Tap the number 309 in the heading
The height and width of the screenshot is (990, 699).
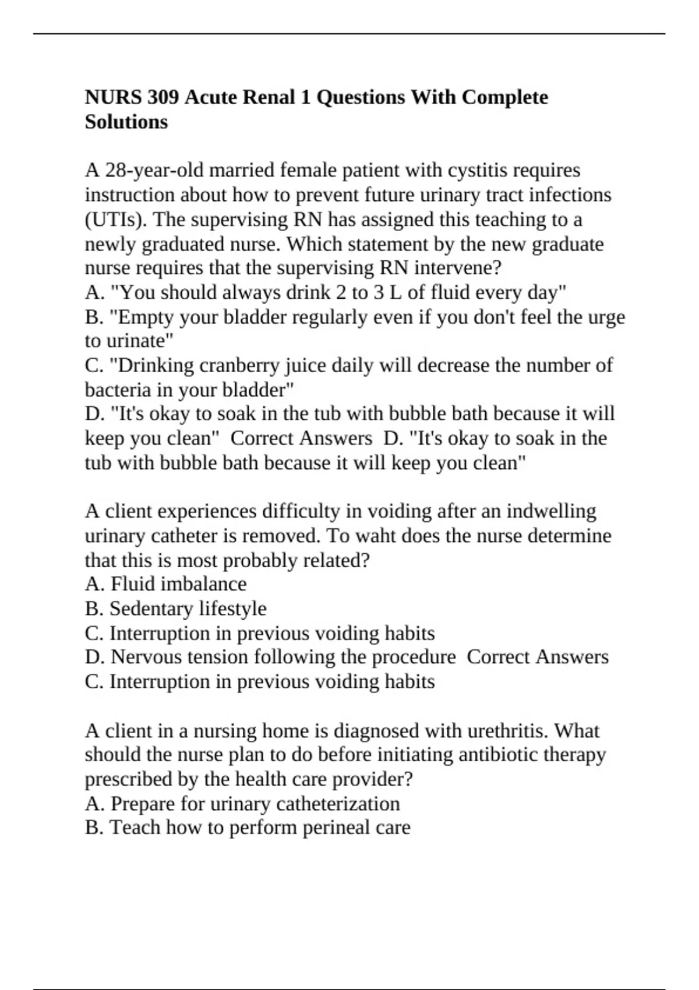(x=163, y=97)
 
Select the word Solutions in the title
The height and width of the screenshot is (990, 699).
(x=126, y=122)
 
